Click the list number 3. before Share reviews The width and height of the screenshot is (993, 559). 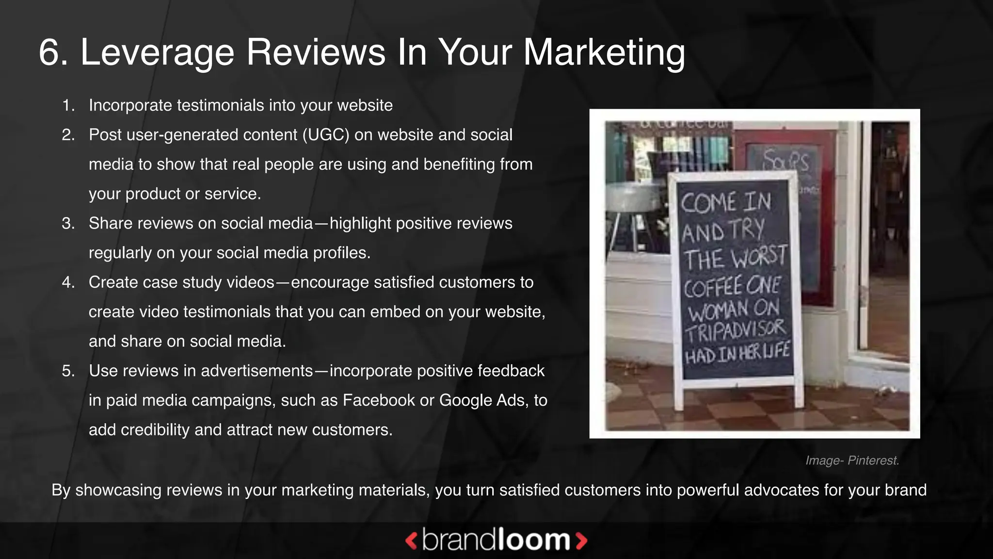point(68,223)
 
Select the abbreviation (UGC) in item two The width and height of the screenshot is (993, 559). point(326,135)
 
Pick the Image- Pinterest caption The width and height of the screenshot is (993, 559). point(852,460)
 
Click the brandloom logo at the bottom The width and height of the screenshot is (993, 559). point(496,540)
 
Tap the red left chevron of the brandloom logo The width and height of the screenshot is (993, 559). point(411,541)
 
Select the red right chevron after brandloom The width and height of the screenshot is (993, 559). point(581,541)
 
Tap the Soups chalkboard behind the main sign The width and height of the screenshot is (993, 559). point(785,160)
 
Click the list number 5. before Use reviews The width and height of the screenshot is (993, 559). point(68,371)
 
